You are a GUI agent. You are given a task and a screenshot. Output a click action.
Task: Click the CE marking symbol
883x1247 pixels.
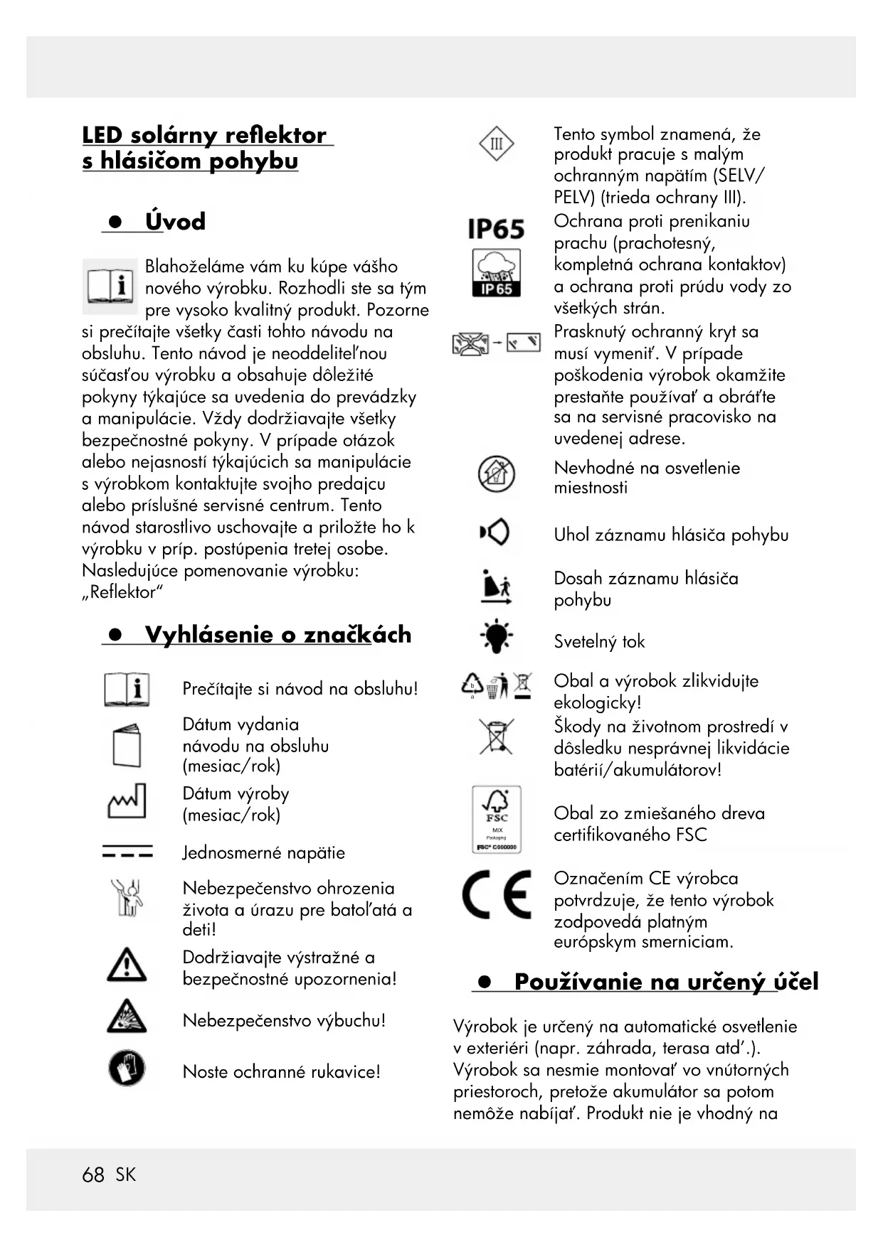click(497, 894)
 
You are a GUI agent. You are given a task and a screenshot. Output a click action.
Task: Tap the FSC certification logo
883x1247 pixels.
click(497, 819)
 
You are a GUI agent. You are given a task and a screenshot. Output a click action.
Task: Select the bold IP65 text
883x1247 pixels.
click(496, 229)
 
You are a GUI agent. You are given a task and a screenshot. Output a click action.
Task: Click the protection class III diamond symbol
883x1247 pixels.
click(496, 144)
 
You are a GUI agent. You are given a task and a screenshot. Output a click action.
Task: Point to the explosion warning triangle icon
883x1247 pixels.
click(127, 1017)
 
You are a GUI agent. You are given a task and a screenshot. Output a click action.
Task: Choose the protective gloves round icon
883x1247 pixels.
click(127, 1068)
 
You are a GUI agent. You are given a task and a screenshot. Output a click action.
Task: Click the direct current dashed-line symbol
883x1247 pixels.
click(127, 852)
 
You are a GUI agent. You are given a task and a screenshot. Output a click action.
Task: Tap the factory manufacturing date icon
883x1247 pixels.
click(127, 801)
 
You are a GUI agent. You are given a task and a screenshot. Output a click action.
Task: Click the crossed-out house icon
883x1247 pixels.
click(496, 474)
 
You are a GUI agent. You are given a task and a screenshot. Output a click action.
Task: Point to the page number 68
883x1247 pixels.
click(93, 1174)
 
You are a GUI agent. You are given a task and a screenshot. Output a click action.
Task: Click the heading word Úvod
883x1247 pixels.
click(175, 221)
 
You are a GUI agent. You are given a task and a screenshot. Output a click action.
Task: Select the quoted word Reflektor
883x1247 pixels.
click(123, 592)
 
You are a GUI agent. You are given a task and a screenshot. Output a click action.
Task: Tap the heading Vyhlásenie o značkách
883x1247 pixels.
click(277, 634)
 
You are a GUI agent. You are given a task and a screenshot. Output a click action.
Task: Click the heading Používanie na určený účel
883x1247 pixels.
click(666, 982)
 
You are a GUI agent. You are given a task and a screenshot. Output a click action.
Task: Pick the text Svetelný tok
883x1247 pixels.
click(599, 641)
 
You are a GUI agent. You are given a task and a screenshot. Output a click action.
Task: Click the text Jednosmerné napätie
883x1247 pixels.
click(263, 852)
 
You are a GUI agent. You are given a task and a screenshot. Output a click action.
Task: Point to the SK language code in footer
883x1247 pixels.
click(125, 1174)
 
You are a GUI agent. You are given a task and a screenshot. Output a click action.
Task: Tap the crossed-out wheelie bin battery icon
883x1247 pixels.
click(496, 737)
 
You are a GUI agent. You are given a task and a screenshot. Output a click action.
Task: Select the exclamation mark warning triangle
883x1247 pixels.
click(127, 965)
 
